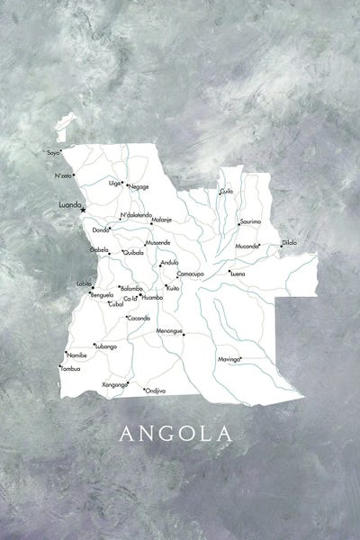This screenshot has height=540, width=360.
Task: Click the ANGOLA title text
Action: coord(175,434)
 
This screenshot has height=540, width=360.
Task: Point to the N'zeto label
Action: coord(62,175)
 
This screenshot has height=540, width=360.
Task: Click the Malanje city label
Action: coord(162,220)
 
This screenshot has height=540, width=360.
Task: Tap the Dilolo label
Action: coord(289,242)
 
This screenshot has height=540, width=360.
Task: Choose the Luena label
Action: coord(238,272)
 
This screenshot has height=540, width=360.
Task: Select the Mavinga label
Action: coord(229,359)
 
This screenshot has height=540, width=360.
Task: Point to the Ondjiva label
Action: coord(156,391)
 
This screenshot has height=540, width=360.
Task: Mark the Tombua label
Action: coord(70,368)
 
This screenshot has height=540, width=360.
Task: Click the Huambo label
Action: coord(152,296)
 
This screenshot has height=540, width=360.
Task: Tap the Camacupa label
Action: coord(190,272)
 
